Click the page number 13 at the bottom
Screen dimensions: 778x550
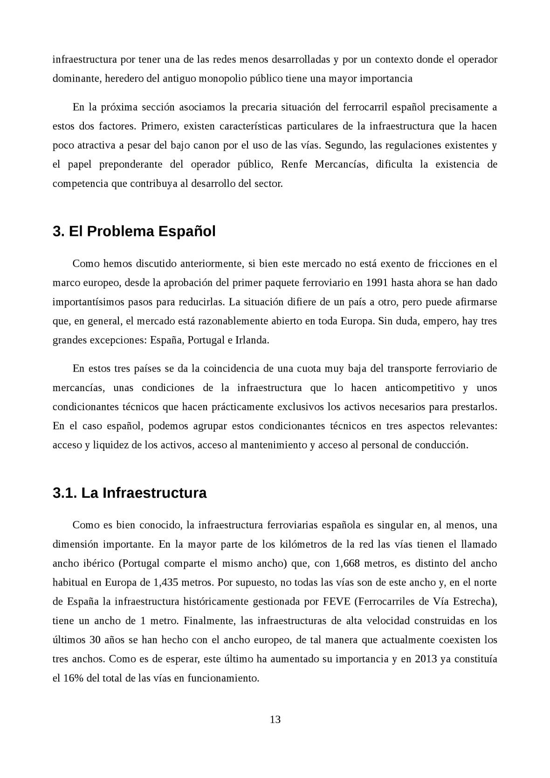coord(275,719)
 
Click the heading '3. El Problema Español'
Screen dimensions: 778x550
coord(134,231)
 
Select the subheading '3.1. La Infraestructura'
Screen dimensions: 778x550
coord(130,493)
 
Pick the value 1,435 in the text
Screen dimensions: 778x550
coord(165,582)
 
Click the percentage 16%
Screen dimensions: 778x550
coord(73,678)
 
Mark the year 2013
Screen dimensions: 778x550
coord(425,659)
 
